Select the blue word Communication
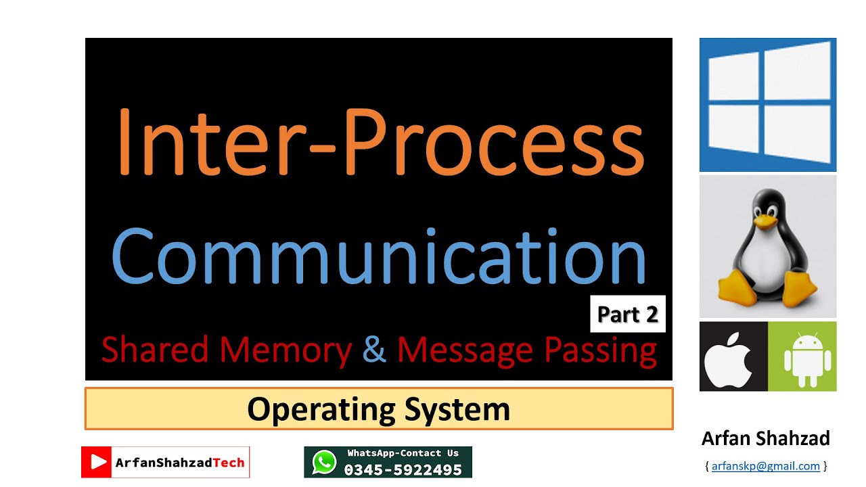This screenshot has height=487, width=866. [379, 256]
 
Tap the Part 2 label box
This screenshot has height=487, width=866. [628, 314]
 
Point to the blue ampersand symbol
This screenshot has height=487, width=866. [374, 349]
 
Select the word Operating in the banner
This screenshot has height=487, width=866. [321, 410]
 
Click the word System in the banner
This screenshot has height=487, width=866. [457, 410]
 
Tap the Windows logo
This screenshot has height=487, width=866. [768, 105]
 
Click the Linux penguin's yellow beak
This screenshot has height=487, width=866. [765, 221]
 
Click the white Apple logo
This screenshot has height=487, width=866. [728, 359]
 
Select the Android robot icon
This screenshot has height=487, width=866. [808, 360]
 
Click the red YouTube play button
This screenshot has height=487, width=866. [96, 462]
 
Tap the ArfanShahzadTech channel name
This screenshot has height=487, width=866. [180, 463]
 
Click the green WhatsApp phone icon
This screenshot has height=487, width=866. [324, 462]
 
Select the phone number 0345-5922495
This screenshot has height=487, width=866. [403, 470]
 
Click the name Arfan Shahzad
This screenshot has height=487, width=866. [765, 438]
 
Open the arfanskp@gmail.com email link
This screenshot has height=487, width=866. [765, 466]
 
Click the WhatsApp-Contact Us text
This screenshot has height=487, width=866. [403, 453]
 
